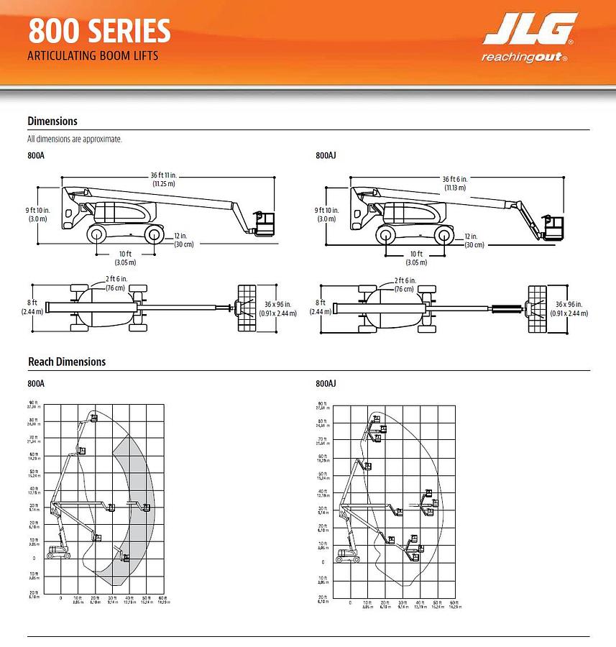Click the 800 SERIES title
[100, 32]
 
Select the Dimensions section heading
[52, 121]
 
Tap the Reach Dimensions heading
[67, 362]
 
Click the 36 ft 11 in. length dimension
[164, 180]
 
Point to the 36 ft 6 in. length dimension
[454, 183]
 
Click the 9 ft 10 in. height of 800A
[38, 214]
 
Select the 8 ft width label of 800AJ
[321, 307]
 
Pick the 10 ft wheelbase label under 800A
[126, 258]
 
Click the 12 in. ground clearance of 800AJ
[473, 240]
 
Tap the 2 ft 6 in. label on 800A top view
[116, 283]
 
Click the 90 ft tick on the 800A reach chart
[34, 405]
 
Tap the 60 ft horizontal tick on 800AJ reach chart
[453, 604]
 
